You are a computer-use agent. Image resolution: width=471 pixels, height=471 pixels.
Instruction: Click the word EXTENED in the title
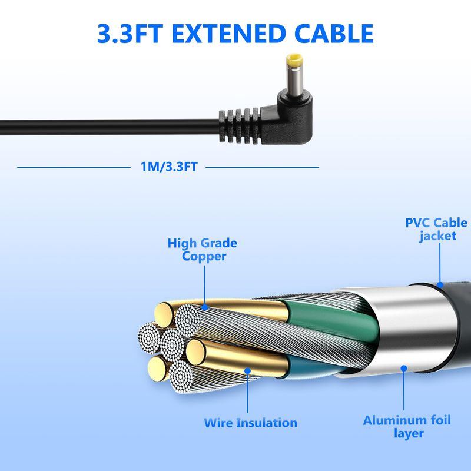(228, 34)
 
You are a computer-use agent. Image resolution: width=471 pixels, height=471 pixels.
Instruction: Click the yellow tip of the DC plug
(294, 60)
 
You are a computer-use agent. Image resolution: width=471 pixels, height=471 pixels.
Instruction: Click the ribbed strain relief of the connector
(240, 126)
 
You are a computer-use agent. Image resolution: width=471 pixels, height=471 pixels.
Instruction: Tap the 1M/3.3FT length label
(169, 167)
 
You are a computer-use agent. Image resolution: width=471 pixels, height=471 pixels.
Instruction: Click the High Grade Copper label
(203, 250)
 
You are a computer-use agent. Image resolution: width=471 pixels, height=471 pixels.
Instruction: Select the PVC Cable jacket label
(436, 229)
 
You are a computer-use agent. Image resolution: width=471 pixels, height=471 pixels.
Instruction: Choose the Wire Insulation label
(251, 423)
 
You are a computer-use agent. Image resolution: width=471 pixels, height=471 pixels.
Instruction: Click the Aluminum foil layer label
(407, 426)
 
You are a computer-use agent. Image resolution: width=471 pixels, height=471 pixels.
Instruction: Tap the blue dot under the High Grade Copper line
(204, 307)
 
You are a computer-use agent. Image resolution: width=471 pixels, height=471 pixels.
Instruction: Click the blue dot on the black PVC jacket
(440, 284)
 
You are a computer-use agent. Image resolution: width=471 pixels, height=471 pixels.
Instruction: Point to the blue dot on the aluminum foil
(404, 369)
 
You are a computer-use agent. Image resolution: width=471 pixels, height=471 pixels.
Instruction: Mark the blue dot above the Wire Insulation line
(247, 371)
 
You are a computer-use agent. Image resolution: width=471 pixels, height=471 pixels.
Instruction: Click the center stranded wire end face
(171, 344)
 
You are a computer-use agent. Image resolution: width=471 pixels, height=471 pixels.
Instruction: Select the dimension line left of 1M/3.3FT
(74, 167)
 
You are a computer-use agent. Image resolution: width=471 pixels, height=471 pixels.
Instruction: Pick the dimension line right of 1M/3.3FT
(262, 167)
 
